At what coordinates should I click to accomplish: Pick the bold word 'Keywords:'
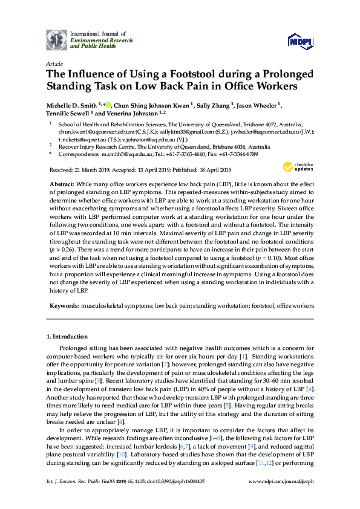[x=64, y=306]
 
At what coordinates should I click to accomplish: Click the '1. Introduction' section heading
[x=67, y=336]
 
